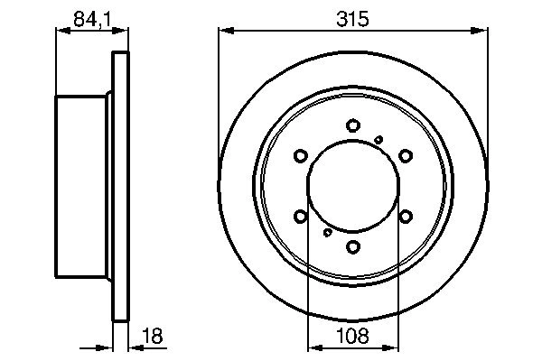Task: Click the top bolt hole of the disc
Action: coord(354,126)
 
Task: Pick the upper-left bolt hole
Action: coord(302,156)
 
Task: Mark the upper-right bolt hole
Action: coord(406,156)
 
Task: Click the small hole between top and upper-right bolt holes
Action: coord(379,138)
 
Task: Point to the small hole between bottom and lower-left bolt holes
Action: coord(326,233)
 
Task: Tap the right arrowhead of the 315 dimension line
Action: coord(485,30)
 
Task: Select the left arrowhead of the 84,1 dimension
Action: coord(61,30)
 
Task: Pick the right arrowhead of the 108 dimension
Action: coord(395,347)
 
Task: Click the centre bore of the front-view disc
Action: coord(354,186)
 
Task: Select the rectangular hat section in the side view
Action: coord(83,186)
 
